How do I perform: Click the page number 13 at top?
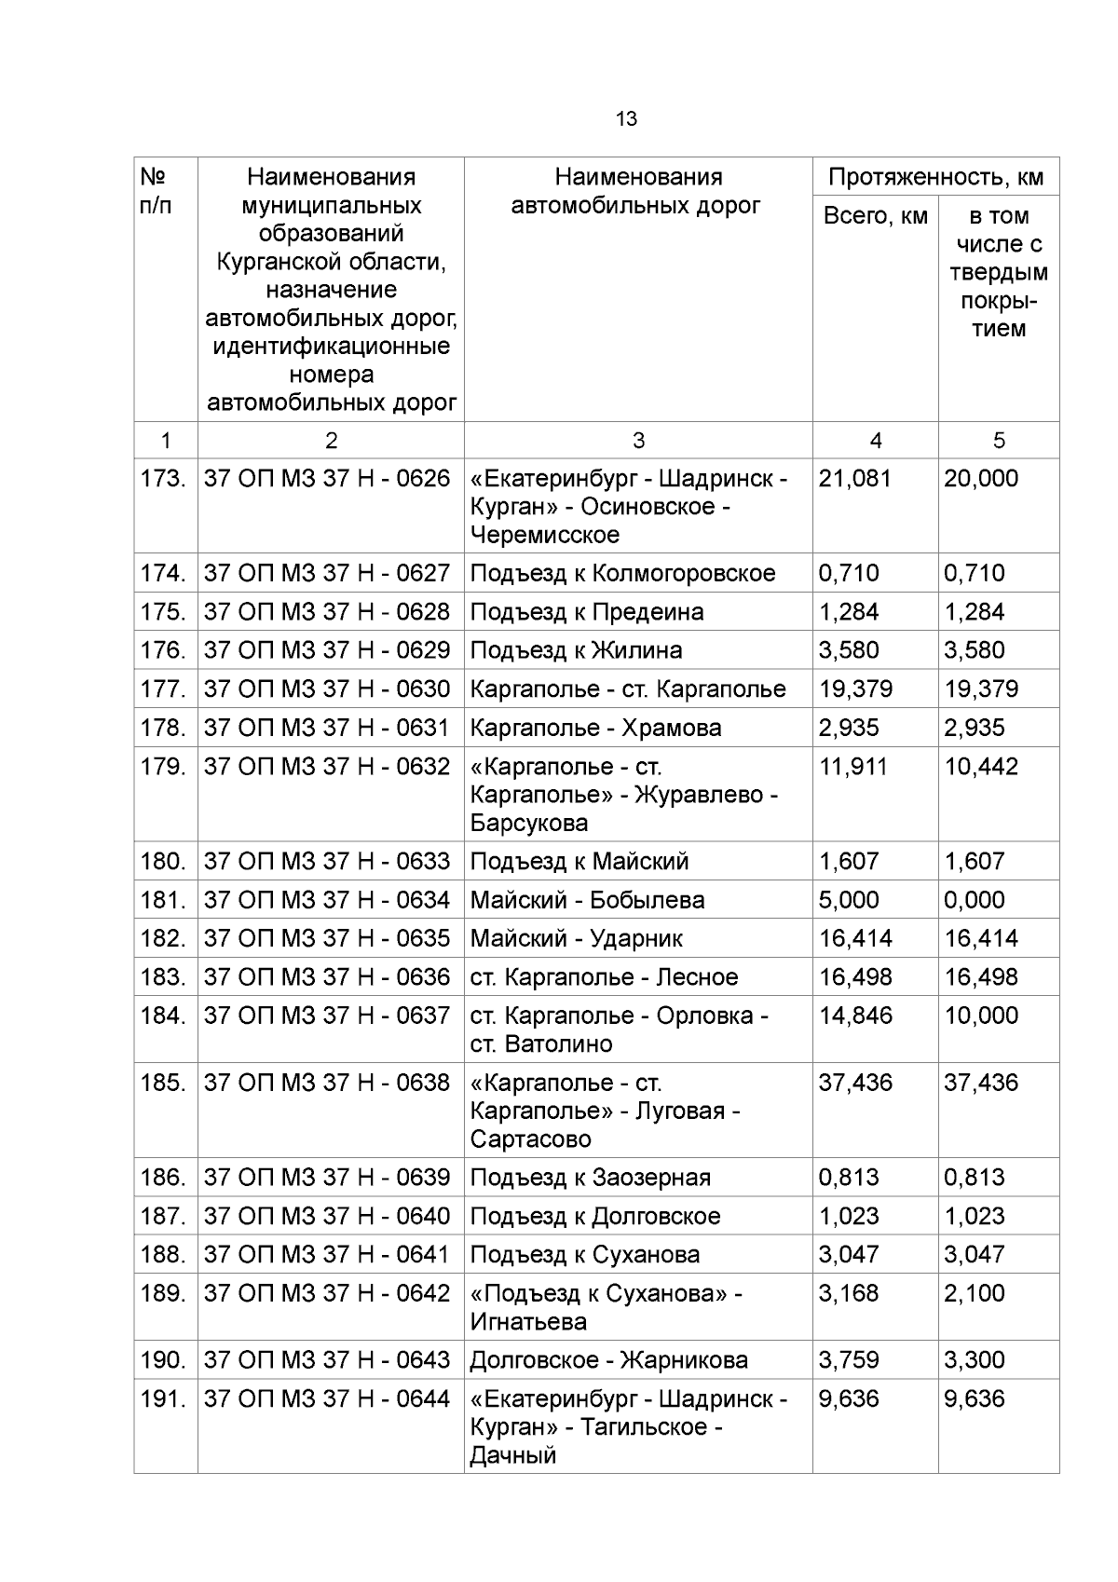[x=626, y=119]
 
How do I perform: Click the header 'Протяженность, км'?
[x=935, y=177]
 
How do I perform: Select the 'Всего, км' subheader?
[x=875, y=216]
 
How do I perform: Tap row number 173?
[x=164, y=479]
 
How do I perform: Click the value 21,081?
[x=854, y=479]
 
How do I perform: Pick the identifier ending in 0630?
[x=326, y=689]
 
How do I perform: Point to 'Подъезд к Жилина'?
[x=576, y=650]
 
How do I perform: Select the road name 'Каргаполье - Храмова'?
[x=595, y=728]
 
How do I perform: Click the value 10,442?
[x=981, y=767]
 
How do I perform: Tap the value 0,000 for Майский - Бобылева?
[x=975, y=900]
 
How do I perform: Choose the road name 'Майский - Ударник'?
[x=576, y=938]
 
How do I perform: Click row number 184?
[x=164, y=1016]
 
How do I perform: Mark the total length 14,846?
[x=854, y=1016]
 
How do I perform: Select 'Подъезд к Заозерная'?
[x=590, y=1178]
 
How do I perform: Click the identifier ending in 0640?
[x=326, y=1216]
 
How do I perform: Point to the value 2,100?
[x=975, y=1293]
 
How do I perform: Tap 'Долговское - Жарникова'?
[x=608, y=1360]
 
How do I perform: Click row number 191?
[x=164, y=1398]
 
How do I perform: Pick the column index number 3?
[x=638, y=441]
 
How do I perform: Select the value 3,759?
[x=848, y=1360]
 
